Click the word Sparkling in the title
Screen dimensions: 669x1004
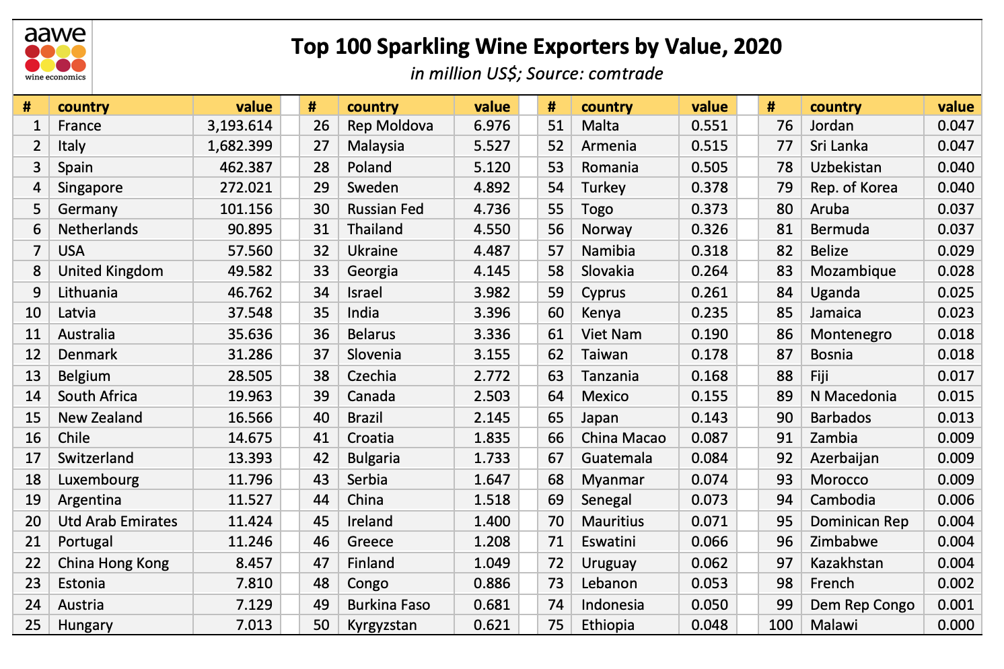(x=419, y=47)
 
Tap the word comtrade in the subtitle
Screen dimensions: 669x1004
(x=626, y=73)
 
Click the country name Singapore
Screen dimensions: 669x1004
(x=90, y=188)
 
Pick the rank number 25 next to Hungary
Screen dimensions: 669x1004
(x=33, y=625)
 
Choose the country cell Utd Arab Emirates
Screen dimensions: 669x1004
(x=118, y=522)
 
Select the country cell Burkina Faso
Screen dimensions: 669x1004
(x=388, y=605)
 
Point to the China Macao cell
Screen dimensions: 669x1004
(x=624, y=438)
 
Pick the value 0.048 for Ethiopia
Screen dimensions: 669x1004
(x=709, y=625)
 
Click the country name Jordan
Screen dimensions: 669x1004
(x=832, y=126)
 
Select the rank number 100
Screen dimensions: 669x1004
(x=781, y=625)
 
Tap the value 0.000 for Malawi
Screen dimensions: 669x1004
(x=956, y=625)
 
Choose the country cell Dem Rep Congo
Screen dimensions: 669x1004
(x=862, y=605)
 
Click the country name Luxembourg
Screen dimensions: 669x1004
(x=98, y=480)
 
